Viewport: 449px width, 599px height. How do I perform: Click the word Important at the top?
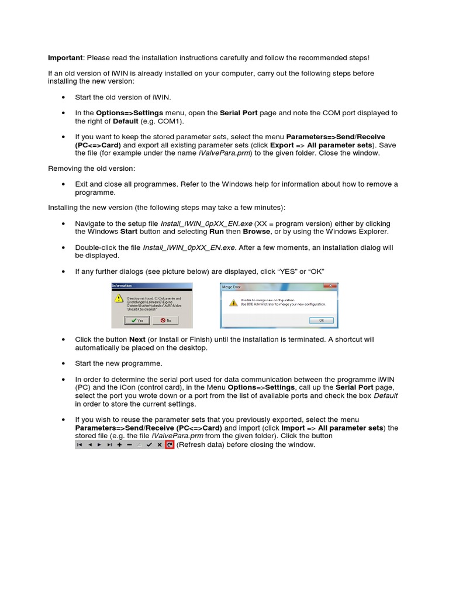(65, 57)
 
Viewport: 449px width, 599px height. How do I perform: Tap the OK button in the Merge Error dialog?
(321, 321)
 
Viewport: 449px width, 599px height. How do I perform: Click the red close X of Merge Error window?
(333, 286)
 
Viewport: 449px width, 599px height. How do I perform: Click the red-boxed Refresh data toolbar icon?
(170, 445)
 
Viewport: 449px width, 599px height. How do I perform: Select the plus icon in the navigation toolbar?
(119, 445)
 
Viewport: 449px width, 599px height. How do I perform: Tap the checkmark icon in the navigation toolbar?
(149, 445)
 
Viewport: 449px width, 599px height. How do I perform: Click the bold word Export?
(282, 144)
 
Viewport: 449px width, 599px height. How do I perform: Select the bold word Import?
(293, 428)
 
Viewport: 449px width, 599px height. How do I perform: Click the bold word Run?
(217, 232)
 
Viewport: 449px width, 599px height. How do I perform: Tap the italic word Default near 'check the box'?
(386, 395)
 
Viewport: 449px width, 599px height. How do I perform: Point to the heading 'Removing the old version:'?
(91, 168)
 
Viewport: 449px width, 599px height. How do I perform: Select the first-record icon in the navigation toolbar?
(80, 445)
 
